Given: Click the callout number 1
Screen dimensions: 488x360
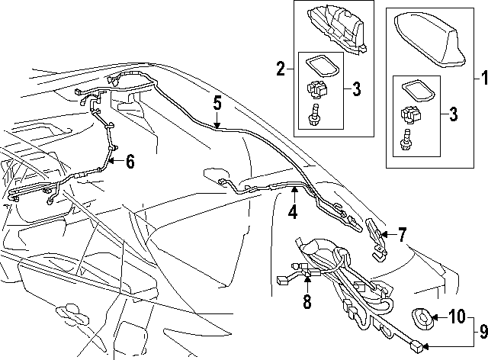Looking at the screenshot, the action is [484, 78].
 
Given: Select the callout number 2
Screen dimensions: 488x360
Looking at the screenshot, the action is [281, 69].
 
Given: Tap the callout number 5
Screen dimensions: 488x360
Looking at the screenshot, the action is [217, 104].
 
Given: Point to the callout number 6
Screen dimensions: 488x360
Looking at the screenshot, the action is [130, 162].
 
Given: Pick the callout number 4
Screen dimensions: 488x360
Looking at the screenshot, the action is [293, 212].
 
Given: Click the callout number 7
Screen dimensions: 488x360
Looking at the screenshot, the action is [403, 235].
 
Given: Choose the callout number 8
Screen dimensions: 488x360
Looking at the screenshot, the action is [307, 301].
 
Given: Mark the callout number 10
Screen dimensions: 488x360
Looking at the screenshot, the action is [457, 317].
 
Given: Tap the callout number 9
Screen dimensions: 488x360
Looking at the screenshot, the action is [483, 331].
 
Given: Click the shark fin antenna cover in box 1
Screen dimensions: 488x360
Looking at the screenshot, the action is [429, 42].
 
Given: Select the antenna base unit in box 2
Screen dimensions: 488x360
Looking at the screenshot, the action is [336, 29].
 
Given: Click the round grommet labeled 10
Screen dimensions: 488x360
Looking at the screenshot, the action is [422, 318].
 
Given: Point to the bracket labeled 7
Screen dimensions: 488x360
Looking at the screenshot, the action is [377, 239].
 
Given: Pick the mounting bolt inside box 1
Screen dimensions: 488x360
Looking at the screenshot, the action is [406, 139].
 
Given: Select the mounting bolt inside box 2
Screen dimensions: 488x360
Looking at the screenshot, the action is [314, 114].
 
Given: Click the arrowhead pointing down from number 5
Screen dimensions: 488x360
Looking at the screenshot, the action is [217, 126].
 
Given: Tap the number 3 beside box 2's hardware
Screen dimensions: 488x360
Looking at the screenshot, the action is [356, 89].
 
